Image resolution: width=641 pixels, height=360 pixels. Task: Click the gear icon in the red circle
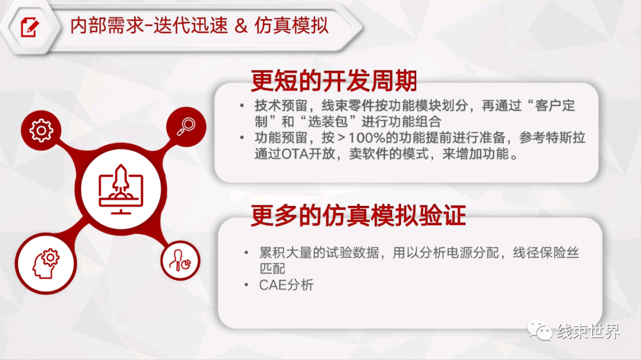(x=41, y=130)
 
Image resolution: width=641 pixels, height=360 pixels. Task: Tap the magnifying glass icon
(x=186, y=126)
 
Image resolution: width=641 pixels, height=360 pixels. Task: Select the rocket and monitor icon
(x=120, y=189)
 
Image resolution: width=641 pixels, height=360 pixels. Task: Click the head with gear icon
(x=46, y=263)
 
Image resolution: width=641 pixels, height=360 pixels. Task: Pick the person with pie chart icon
(x=180, y=261)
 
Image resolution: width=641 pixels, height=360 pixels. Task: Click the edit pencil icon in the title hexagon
(x=30, y=27)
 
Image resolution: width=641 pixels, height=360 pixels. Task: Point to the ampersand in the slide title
(x=241, y=26)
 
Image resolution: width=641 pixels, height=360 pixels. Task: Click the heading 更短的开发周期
(x=334, y=81)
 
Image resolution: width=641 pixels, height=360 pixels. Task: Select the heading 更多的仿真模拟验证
(x=358, y=215)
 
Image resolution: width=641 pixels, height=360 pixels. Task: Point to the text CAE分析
(x=286, y=285)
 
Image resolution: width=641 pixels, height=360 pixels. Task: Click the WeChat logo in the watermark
(x=540, y=330)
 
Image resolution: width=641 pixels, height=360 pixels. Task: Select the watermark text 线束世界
(x=588, y=332)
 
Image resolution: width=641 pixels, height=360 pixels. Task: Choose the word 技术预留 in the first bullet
(x=281, y=106)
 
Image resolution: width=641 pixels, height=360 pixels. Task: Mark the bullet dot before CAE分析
(x=246, y=285)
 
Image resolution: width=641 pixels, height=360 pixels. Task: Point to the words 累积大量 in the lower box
(x=285, y=253)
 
